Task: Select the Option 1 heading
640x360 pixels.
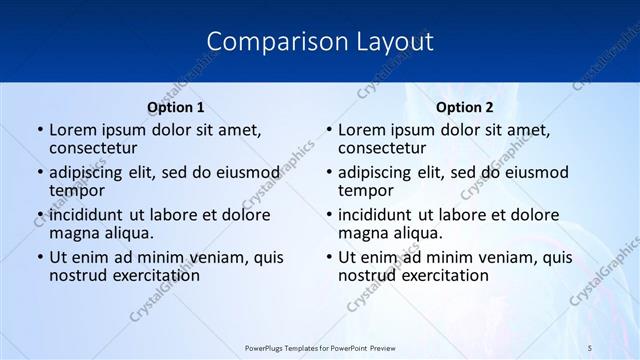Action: click(176, 107)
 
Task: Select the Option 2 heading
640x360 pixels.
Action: click(465, 107)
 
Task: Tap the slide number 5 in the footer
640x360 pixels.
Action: click(590, 347)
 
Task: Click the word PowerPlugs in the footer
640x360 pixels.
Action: click(266, 347)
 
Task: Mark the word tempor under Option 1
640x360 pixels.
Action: click(77, 190)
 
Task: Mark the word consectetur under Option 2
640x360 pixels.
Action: click(382, 148)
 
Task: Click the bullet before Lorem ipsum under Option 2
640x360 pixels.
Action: click(329, 131)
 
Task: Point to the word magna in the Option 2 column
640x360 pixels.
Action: click(363, 233)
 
